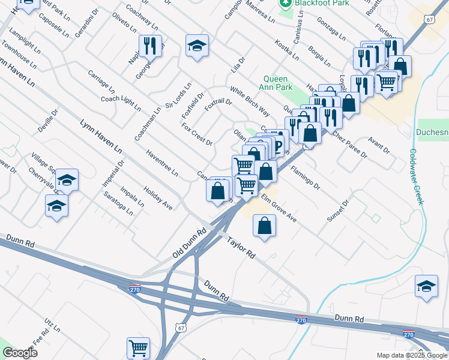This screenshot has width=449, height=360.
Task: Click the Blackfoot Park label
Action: [315, 3]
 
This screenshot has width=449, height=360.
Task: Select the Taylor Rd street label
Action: [241, 248]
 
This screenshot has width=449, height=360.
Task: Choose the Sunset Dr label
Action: [337, 211]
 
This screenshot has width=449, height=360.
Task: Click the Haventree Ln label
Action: [161, 163]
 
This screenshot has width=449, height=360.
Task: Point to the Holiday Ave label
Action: [158, 198]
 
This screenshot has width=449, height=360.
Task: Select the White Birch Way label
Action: [249, 101]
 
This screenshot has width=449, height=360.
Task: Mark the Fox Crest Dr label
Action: [197, 134]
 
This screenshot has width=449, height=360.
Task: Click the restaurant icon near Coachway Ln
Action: [150, 46]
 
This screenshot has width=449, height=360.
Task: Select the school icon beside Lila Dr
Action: [196, 46]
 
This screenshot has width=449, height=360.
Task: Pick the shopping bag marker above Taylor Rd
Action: [264, 226]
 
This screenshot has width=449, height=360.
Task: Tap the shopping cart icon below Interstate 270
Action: [138, 347]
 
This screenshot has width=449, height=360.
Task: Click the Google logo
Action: [20, 353]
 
